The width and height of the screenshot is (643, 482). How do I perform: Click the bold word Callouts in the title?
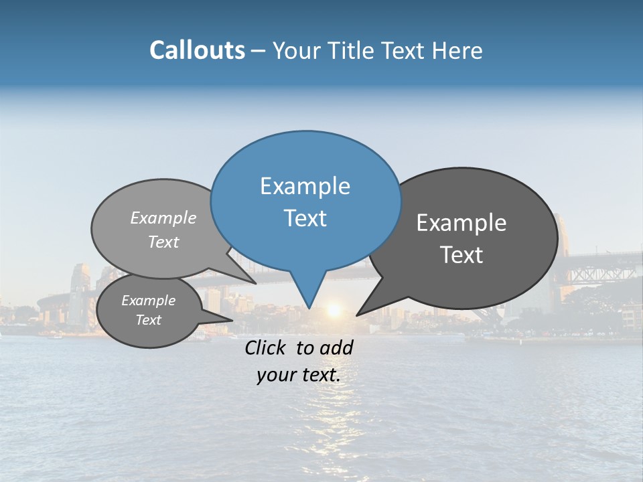[197, 50]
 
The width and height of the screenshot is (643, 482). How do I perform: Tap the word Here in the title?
[456, 51]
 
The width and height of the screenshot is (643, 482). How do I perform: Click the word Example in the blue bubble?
[305, 186]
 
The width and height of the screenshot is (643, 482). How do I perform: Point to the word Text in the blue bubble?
[305, 218]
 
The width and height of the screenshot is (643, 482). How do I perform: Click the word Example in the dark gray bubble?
[461, 223]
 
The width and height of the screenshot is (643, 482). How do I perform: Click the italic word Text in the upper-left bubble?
[163, 242]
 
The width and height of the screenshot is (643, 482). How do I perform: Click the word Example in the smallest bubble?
[149, 301]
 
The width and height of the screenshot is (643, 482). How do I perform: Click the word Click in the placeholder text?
[267, 347]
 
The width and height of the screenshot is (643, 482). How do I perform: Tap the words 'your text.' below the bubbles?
[299, 376]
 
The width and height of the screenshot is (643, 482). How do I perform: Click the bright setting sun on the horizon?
[334, 311]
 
